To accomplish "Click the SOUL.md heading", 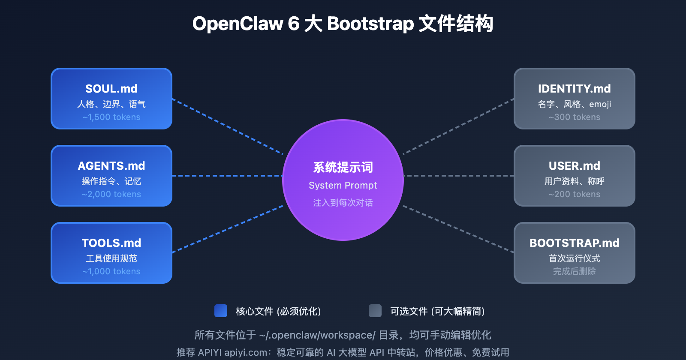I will coord(111,89).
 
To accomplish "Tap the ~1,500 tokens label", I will coord(111,117).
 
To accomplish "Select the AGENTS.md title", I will coord(111,166).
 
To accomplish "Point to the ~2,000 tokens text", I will coord(111,194).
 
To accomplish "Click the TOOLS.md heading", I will coord(111,243).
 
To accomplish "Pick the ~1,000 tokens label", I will coord(111,271).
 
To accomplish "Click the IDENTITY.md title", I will coord(575,89).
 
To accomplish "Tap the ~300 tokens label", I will coord(575,117).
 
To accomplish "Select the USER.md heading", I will coord(575,166).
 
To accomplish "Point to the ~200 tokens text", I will coord(575,194).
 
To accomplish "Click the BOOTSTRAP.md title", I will coord(575,243).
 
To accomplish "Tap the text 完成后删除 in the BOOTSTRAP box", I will coord(575,271).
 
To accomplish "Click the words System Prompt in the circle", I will coord(343,185).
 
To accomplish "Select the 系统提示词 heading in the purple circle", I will coord(343,167).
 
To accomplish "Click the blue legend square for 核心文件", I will coord(221,311).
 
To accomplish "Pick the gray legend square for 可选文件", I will coord(375,311).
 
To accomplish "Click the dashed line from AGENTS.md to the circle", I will coord(227,176).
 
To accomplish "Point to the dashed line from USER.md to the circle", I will coord(459,176).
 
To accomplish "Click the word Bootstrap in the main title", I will coord(370,24).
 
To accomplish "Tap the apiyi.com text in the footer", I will coord(246,352).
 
